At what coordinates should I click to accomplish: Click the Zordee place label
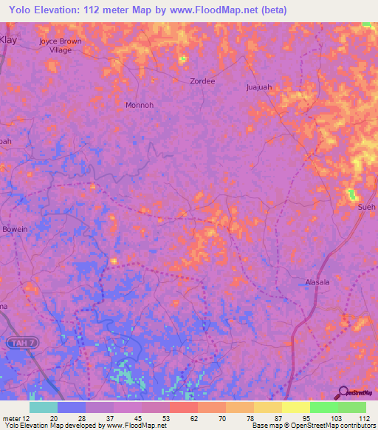[202, 81]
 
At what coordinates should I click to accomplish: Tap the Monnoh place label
[139, 105]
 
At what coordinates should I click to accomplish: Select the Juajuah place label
[259, 86]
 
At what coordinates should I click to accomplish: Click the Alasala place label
[320, 281]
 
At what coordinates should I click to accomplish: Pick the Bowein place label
[15, 229]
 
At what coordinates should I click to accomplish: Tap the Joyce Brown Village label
[61, 46]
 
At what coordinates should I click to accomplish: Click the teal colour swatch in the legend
[43, 407]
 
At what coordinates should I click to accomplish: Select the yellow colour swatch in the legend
[295, 407]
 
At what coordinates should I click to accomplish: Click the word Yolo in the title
[24, 10]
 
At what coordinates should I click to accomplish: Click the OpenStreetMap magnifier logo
[341, 392]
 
